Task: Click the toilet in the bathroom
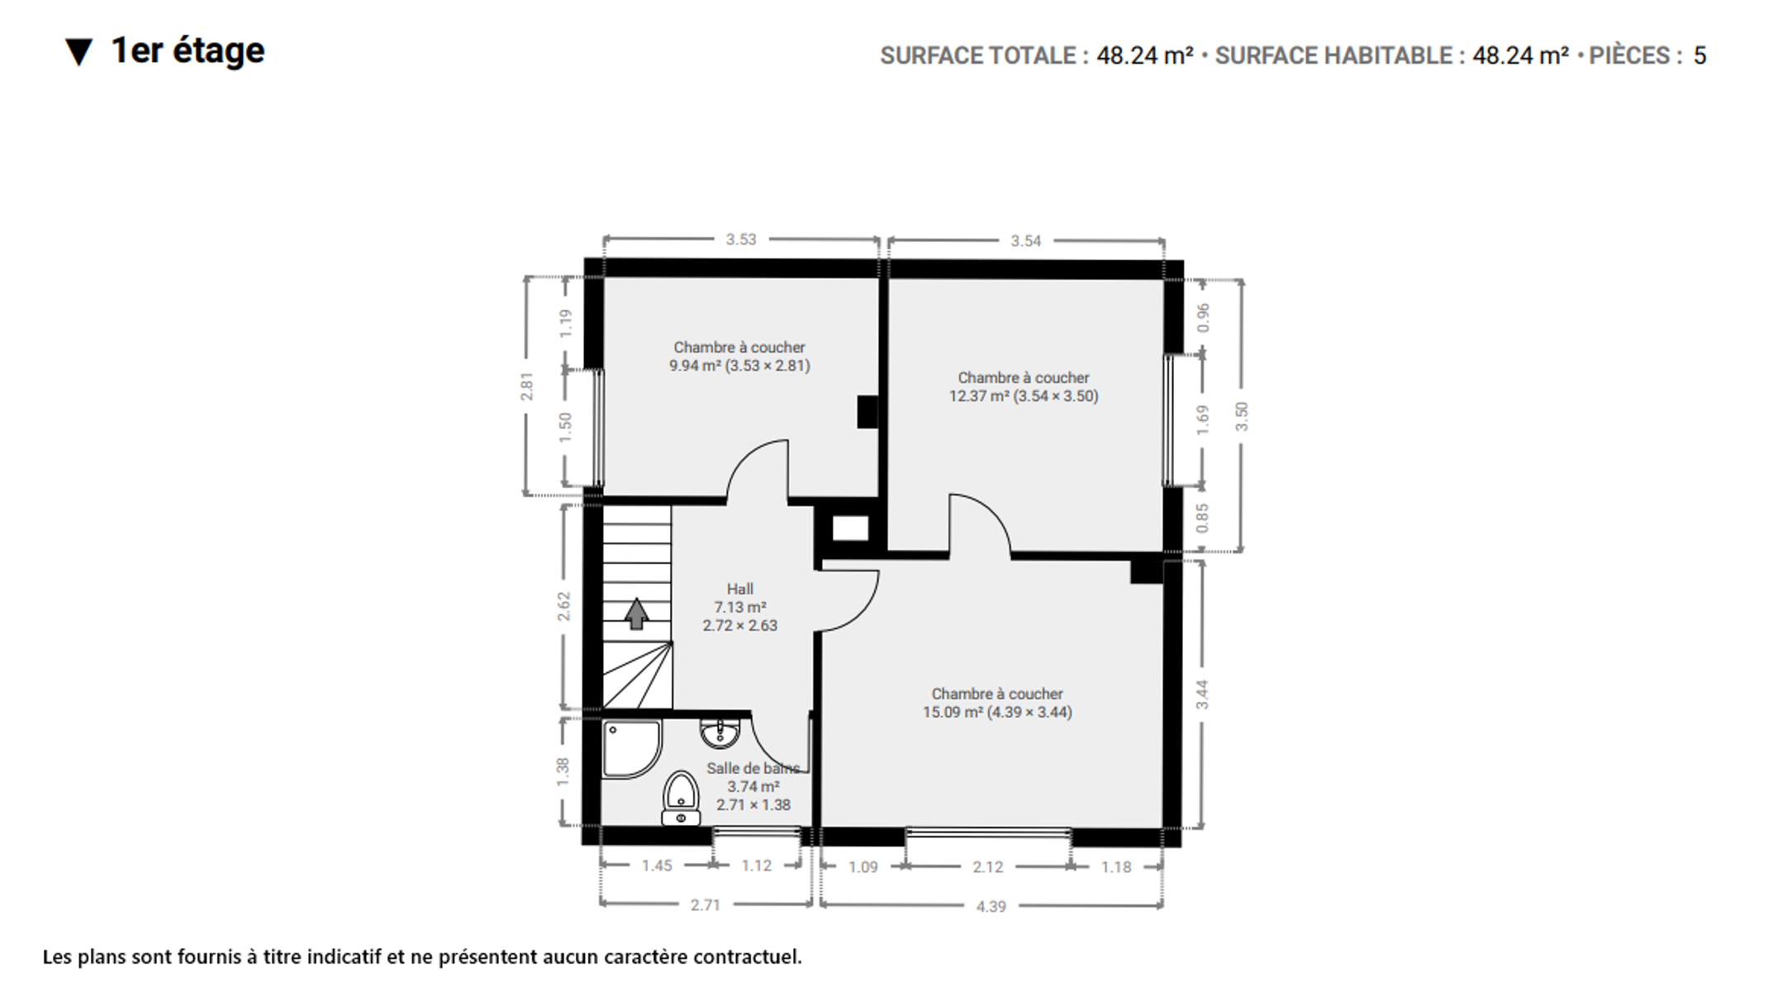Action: tap(681, 799)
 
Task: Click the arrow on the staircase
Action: tap(636, 614)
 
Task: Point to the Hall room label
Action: tap(740, 589)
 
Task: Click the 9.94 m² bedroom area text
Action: tap(739, 366)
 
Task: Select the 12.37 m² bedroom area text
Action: tap(1024, 396)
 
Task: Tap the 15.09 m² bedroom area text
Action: tap(997, 713)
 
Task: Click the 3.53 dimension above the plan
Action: tap(741, 239)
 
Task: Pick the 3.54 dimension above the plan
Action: tap(1026, 241)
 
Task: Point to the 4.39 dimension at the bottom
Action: tap(991, 907)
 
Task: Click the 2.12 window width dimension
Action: tap(988, 867)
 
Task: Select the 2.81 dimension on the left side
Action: tap(527, 386)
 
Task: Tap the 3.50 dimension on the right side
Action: tap(1242, 416)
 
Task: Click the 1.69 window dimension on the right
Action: tap(1203, 420)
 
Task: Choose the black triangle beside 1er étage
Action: tap(79, 52)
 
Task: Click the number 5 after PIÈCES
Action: tap(1700, 55)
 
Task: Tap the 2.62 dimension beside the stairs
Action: tap(564, 607)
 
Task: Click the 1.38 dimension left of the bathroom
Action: tap(563, 772)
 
